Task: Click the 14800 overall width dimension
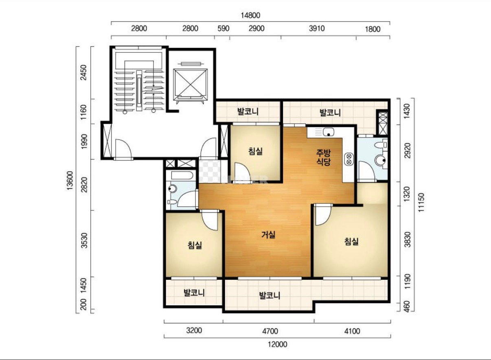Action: click(x=250, y=15)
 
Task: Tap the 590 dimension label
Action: click(x=223, y=28)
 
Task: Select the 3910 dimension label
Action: click(x=317, y=28)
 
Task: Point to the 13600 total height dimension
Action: click(x=70, y=181)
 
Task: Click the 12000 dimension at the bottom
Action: click(x=278, y=345)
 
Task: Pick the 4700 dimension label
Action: click(x=270, y=331)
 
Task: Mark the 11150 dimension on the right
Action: click(x=421, y=203)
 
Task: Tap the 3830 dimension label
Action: click(x=407, y=239)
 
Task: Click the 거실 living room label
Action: click(x=268, y=235)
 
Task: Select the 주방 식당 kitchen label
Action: click(x=323, y=157)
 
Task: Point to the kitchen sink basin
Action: click(x=329, y=132)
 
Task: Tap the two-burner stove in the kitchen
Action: click(x=349, y=159)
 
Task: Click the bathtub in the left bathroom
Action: click(x=182, y=176)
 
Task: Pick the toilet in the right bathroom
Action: click(x=381, y=145)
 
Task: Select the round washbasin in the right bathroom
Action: click(x=381, y=161)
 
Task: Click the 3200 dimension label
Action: click(x=194, y=330)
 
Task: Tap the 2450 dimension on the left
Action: click(x=83, y=72)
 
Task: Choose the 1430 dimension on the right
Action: click(x=407, y=111)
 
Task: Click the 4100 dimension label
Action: click(x=352, y=331)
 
